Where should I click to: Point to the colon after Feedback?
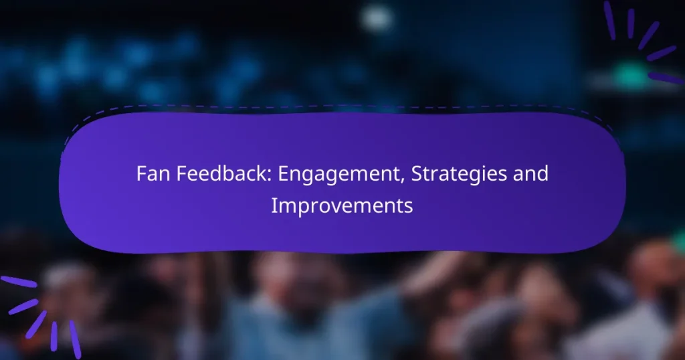point(270,175)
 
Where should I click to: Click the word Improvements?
point(342,206)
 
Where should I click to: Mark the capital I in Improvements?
point(274,205)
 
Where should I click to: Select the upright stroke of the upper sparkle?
point(630,23)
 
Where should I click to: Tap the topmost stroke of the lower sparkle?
point(18,282)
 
